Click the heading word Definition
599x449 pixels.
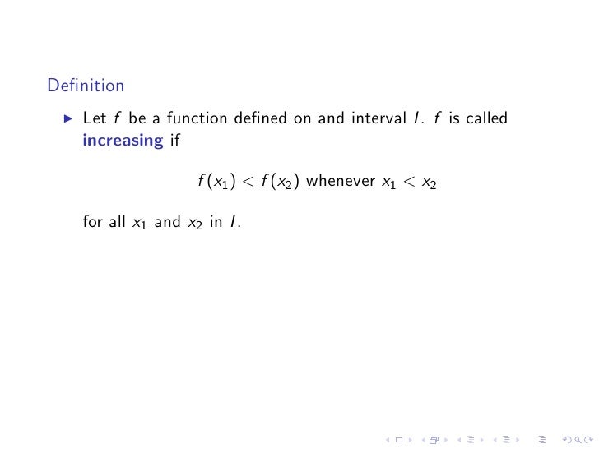(x=86, y=86)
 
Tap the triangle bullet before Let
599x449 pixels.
(x=68, y=119)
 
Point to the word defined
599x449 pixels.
(x=260, y=118)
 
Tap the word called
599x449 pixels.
(x=485, y=118)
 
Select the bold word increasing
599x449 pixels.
(x=123, y=141)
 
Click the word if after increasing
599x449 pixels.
(x=174, y=140)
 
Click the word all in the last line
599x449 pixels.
(x=116, y=222)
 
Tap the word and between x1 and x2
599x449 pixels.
(x=167, y=222)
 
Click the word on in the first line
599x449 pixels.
(x=303, y=118)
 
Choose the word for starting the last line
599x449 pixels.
(x=93, y=222)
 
